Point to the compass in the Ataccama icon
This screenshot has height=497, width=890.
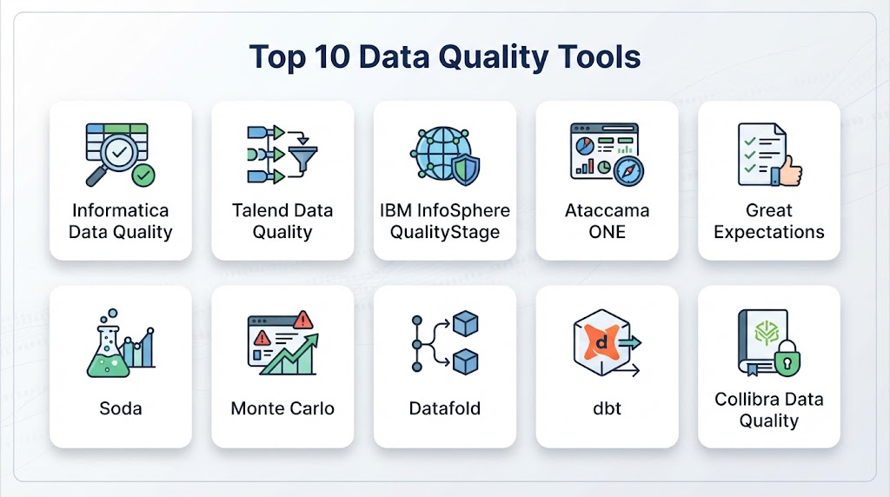[x=628, y=171]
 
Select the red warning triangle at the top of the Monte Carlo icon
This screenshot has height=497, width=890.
[x=303, y=320]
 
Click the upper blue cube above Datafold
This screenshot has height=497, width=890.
[x=466, y=323]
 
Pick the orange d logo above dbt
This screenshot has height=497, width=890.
[x=602, y=341]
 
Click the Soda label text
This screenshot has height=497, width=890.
[x=120, y=408]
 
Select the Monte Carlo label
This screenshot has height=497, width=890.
[x=282, y=408]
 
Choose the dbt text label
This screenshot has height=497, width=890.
[x=607, y=408]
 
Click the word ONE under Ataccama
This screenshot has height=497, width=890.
[x=607, y=232]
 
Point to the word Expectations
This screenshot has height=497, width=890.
[x=769, y=232]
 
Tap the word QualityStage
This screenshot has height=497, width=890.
[x=444, y=232]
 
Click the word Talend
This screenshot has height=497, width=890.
[x=257, y=210]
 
